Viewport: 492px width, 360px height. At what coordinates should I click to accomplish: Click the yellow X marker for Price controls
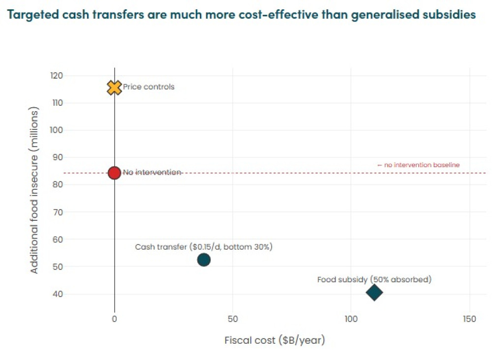pos(114,88)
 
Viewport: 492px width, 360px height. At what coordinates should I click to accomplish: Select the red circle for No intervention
pos(114,173)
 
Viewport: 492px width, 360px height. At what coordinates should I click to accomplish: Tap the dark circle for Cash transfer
pos(204,260)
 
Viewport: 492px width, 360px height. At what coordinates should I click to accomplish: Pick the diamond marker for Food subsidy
pos(374,292)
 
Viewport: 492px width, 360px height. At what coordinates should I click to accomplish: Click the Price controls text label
pos(149,87)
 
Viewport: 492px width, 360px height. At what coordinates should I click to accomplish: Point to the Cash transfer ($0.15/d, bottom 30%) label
pos(204,247)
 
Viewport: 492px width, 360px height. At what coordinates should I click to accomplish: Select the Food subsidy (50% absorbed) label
pos(374,280)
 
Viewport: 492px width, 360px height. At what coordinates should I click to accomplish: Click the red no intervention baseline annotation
pos(418,165)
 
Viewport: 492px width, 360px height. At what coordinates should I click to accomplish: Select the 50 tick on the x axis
pos(233,319)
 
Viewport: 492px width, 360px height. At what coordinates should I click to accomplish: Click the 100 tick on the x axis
pos(351,319)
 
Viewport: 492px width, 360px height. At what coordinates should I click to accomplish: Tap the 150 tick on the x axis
pos(470,319)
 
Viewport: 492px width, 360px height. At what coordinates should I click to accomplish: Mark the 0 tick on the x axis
pos(115,319)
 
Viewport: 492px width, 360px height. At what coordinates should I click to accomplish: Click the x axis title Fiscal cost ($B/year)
pos(275,340)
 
